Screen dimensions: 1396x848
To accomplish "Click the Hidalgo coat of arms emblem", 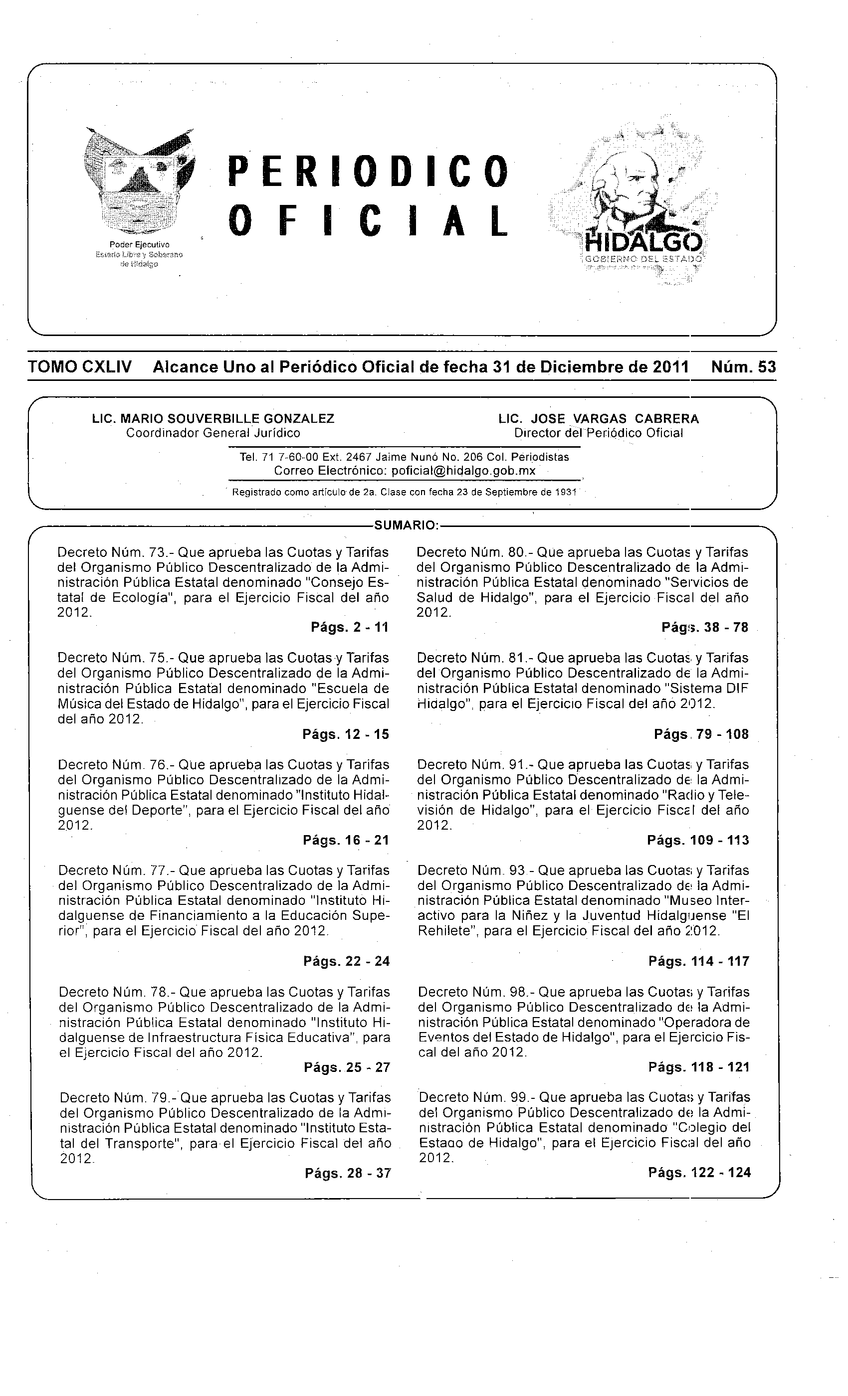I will tap(138, 182).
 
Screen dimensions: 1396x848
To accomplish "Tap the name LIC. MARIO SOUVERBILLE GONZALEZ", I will tap(213, 419).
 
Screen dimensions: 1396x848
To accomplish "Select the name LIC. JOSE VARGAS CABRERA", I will tap(599, 419).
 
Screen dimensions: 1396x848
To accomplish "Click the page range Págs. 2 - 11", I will tap(349, 627).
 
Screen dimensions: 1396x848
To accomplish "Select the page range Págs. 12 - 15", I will tap(346, 734).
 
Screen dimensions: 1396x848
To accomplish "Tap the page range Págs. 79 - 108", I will tap(701, 734).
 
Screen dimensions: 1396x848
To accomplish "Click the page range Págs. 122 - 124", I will tap(699, 1173).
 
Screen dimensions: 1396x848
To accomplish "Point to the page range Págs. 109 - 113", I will tap(698, 840).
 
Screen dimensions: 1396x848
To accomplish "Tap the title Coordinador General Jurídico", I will tap(213, 433).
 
